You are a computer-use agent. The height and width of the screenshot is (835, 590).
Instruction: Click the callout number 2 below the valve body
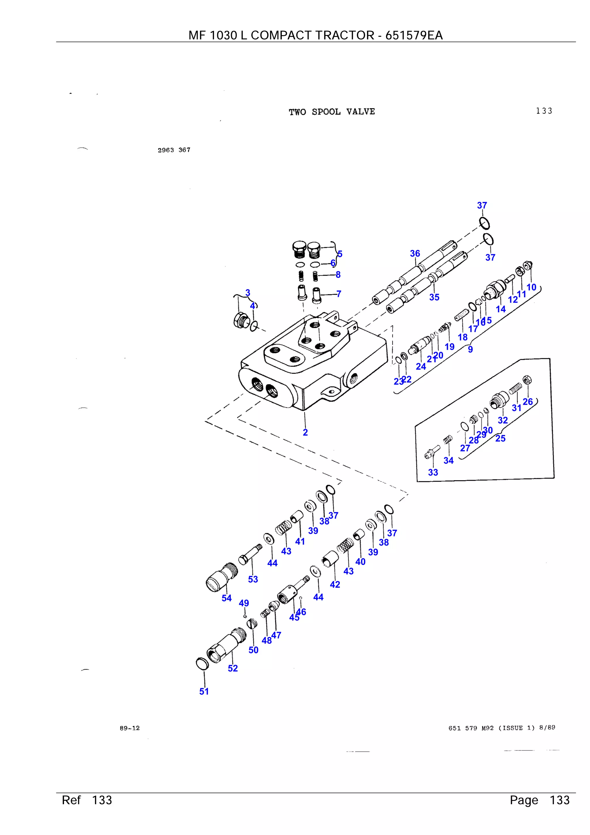305,432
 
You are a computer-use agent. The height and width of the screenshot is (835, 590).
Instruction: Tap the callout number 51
204,691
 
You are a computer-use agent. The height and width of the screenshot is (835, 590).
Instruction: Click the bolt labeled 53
250,556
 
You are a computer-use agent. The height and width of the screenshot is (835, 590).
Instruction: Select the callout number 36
415,253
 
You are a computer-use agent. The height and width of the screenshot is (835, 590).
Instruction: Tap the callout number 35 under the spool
434,297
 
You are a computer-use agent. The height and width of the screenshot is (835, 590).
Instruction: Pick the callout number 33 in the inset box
433,472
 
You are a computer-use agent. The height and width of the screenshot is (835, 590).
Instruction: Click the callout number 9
470,350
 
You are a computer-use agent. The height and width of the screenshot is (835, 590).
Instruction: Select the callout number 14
501,309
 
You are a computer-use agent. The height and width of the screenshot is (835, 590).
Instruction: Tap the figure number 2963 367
174,150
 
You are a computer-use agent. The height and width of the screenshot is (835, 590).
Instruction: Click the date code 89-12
129,728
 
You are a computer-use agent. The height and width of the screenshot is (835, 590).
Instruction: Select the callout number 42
335,585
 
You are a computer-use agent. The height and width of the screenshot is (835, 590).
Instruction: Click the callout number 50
254,650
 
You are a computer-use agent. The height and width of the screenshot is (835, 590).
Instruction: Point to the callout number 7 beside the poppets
339,294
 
